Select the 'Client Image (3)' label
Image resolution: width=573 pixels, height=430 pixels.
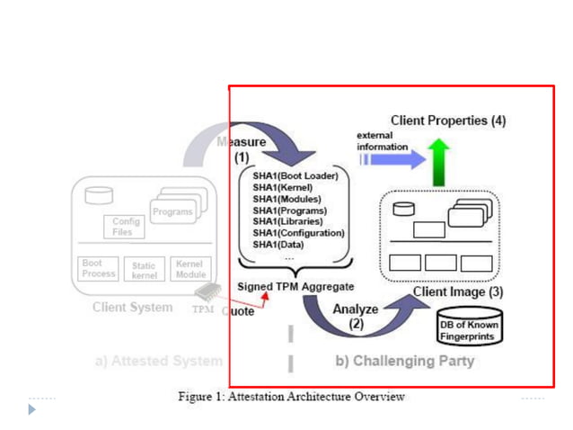point(458,292)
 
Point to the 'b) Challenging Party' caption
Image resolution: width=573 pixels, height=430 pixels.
point(404,362)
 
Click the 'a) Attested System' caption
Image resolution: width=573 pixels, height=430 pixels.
point(158,362)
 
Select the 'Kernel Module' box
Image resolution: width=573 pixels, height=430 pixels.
point(190,269)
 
